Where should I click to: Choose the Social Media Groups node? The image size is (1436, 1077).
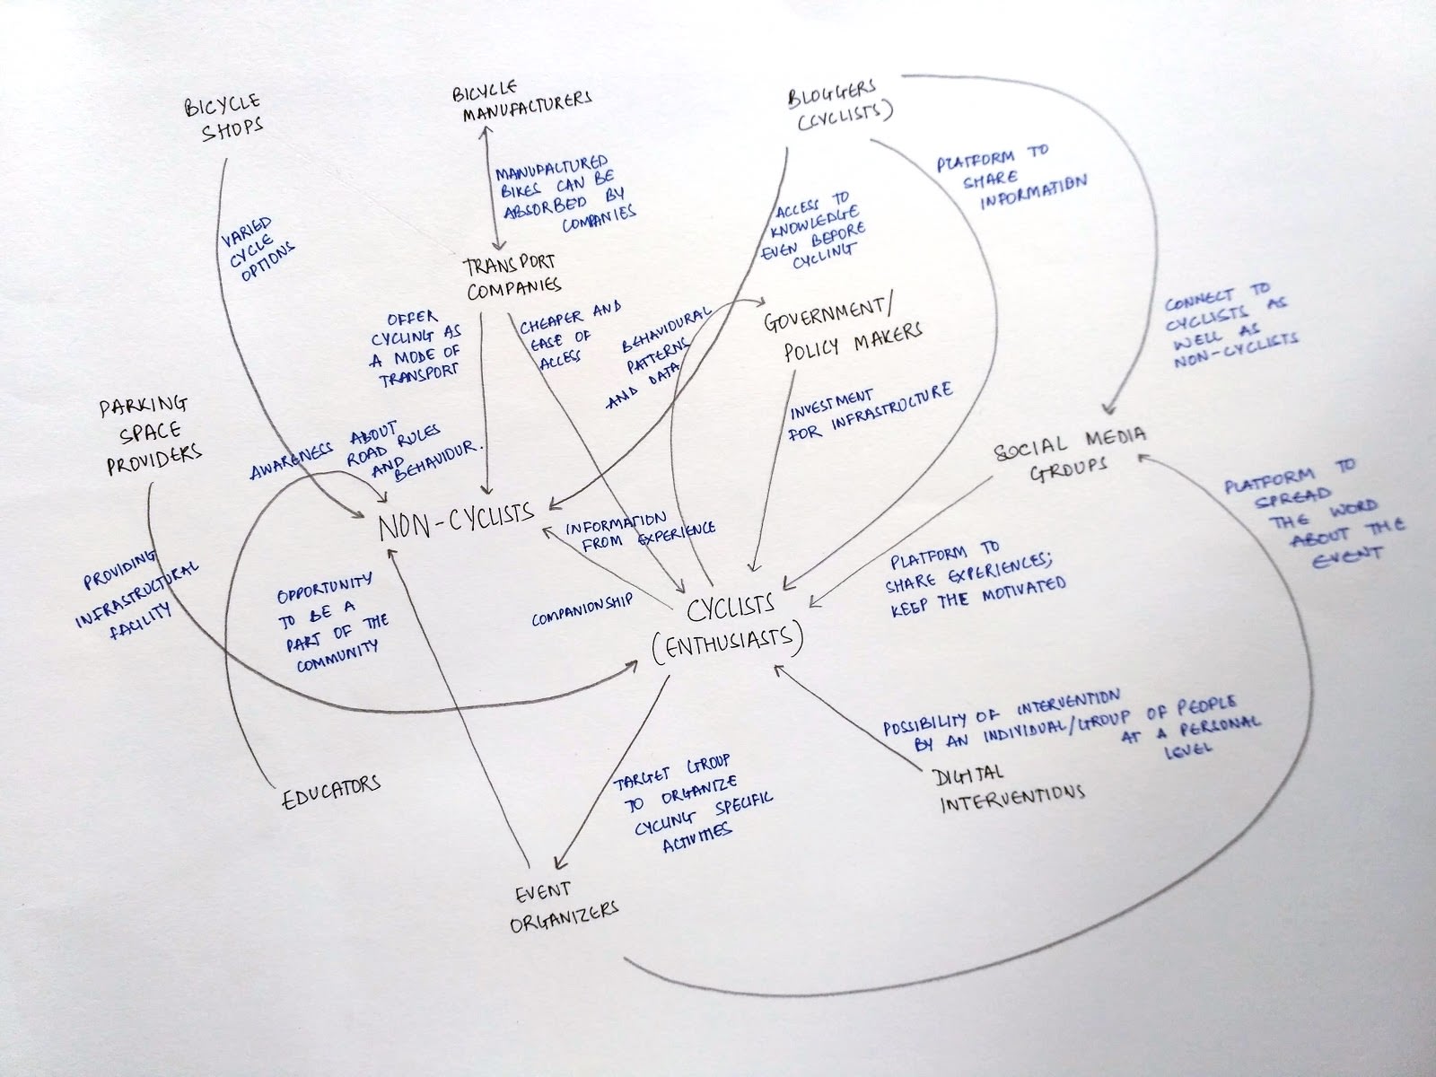[x=1070, y=453]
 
